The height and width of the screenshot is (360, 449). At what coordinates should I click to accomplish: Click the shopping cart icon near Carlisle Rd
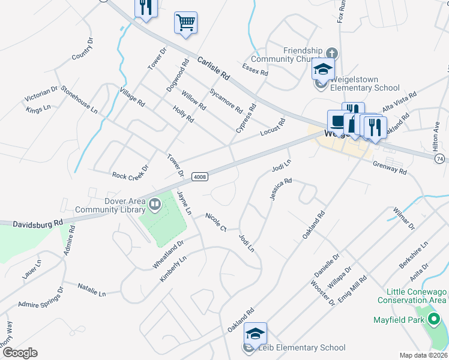[186, 23]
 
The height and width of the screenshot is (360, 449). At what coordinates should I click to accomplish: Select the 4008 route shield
[200, 176]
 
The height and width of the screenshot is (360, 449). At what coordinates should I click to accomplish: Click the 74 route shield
[440, 158]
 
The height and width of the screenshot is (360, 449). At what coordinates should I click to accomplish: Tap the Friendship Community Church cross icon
[332, 53]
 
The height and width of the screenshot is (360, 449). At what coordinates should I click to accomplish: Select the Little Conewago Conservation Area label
[412, 294]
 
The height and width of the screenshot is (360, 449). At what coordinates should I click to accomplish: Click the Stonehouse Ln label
[78, 100]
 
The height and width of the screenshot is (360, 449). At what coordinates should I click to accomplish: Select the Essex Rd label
[255, 68]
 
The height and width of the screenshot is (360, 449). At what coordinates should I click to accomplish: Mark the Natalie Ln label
[91, 290]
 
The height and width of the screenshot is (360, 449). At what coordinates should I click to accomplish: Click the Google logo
[19, 353]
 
